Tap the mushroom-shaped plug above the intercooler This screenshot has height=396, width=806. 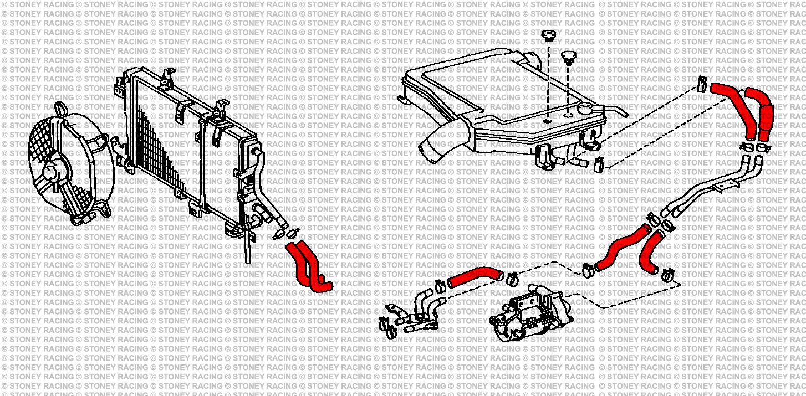click(569, 58)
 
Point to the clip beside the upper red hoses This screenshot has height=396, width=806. click(701, 83)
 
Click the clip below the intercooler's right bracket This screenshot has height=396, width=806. click(598, 164)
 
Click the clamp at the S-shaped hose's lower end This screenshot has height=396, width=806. click(588, 270)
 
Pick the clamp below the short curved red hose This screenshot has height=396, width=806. click(668, 272)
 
